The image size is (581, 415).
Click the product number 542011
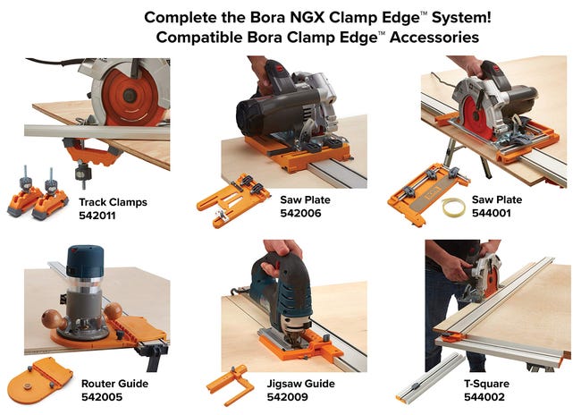click(97, 216)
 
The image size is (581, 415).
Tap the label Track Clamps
click(113, 202)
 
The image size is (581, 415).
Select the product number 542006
click(300, 213)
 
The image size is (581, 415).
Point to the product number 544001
click(492, 213)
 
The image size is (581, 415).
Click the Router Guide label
click(115, 384)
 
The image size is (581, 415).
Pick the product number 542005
click(102, 397)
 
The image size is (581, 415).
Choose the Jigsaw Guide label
click(301, 384)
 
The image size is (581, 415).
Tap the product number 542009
click(288, 397)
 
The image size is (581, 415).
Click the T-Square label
click(486, 384)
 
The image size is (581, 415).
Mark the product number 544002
click(484, 397)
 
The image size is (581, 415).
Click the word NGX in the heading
click(307, 17)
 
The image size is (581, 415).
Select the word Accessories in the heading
click(434, 37)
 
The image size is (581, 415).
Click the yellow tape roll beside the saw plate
click(453, 207)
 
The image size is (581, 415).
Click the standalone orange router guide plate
click(40, 380)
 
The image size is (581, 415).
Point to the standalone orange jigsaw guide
click(231, 385)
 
